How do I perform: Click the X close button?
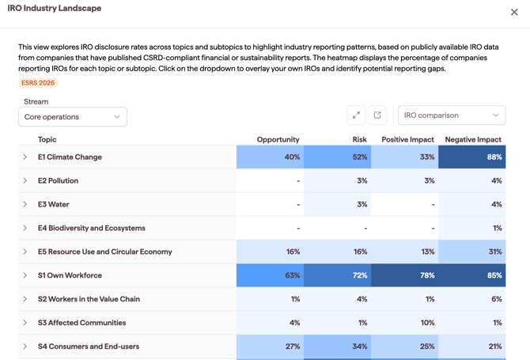[514, 12]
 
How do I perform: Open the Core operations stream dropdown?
[73, 117]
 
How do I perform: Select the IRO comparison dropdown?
[452, 116]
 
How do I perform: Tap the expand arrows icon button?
[356, 116]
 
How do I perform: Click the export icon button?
[377, 116]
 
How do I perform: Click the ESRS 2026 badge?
[38, 83]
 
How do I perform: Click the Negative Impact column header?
[473, 139]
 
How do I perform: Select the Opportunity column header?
[278, 139]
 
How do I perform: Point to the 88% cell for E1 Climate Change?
[472, 157]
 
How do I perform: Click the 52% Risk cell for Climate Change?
[337, 157]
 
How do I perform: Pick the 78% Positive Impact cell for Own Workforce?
[404, 275]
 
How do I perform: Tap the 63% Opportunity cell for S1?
[270, 275]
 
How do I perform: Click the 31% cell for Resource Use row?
[472, 252]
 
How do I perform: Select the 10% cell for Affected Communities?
[404, 323]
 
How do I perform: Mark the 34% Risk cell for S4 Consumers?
[337, 346]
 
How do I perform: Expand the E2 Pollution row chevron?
[25, 180]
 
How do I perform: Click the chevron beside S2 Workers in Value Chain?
[25, 299]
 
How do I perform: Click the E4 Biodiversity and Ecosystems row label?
[92, 228]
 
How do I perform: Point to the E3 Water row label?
[54, 204]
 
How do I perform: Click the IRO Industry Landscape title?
[55, 8]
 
